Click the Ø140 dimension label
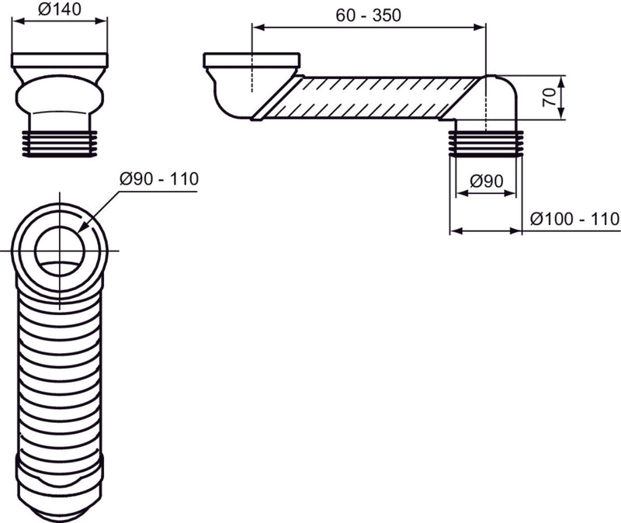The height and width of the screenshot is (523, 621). (60, 12)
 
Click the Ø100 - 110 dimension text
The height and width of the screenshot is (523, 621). (574, 219)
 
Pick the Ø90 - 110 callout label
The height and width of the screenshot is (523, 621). (159, 179)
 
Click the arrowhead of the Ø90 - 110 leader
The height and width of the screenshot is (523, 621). (82, 230)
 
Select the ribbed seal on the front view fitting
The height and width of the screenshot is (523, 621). (60, 144)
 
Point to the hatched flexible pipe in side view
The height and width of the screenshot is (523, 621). (373, 97)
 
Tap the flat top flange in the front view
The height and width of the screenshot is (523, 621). (60, 61)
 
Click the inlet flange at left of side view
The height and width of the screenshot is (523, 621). (251, 60)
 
